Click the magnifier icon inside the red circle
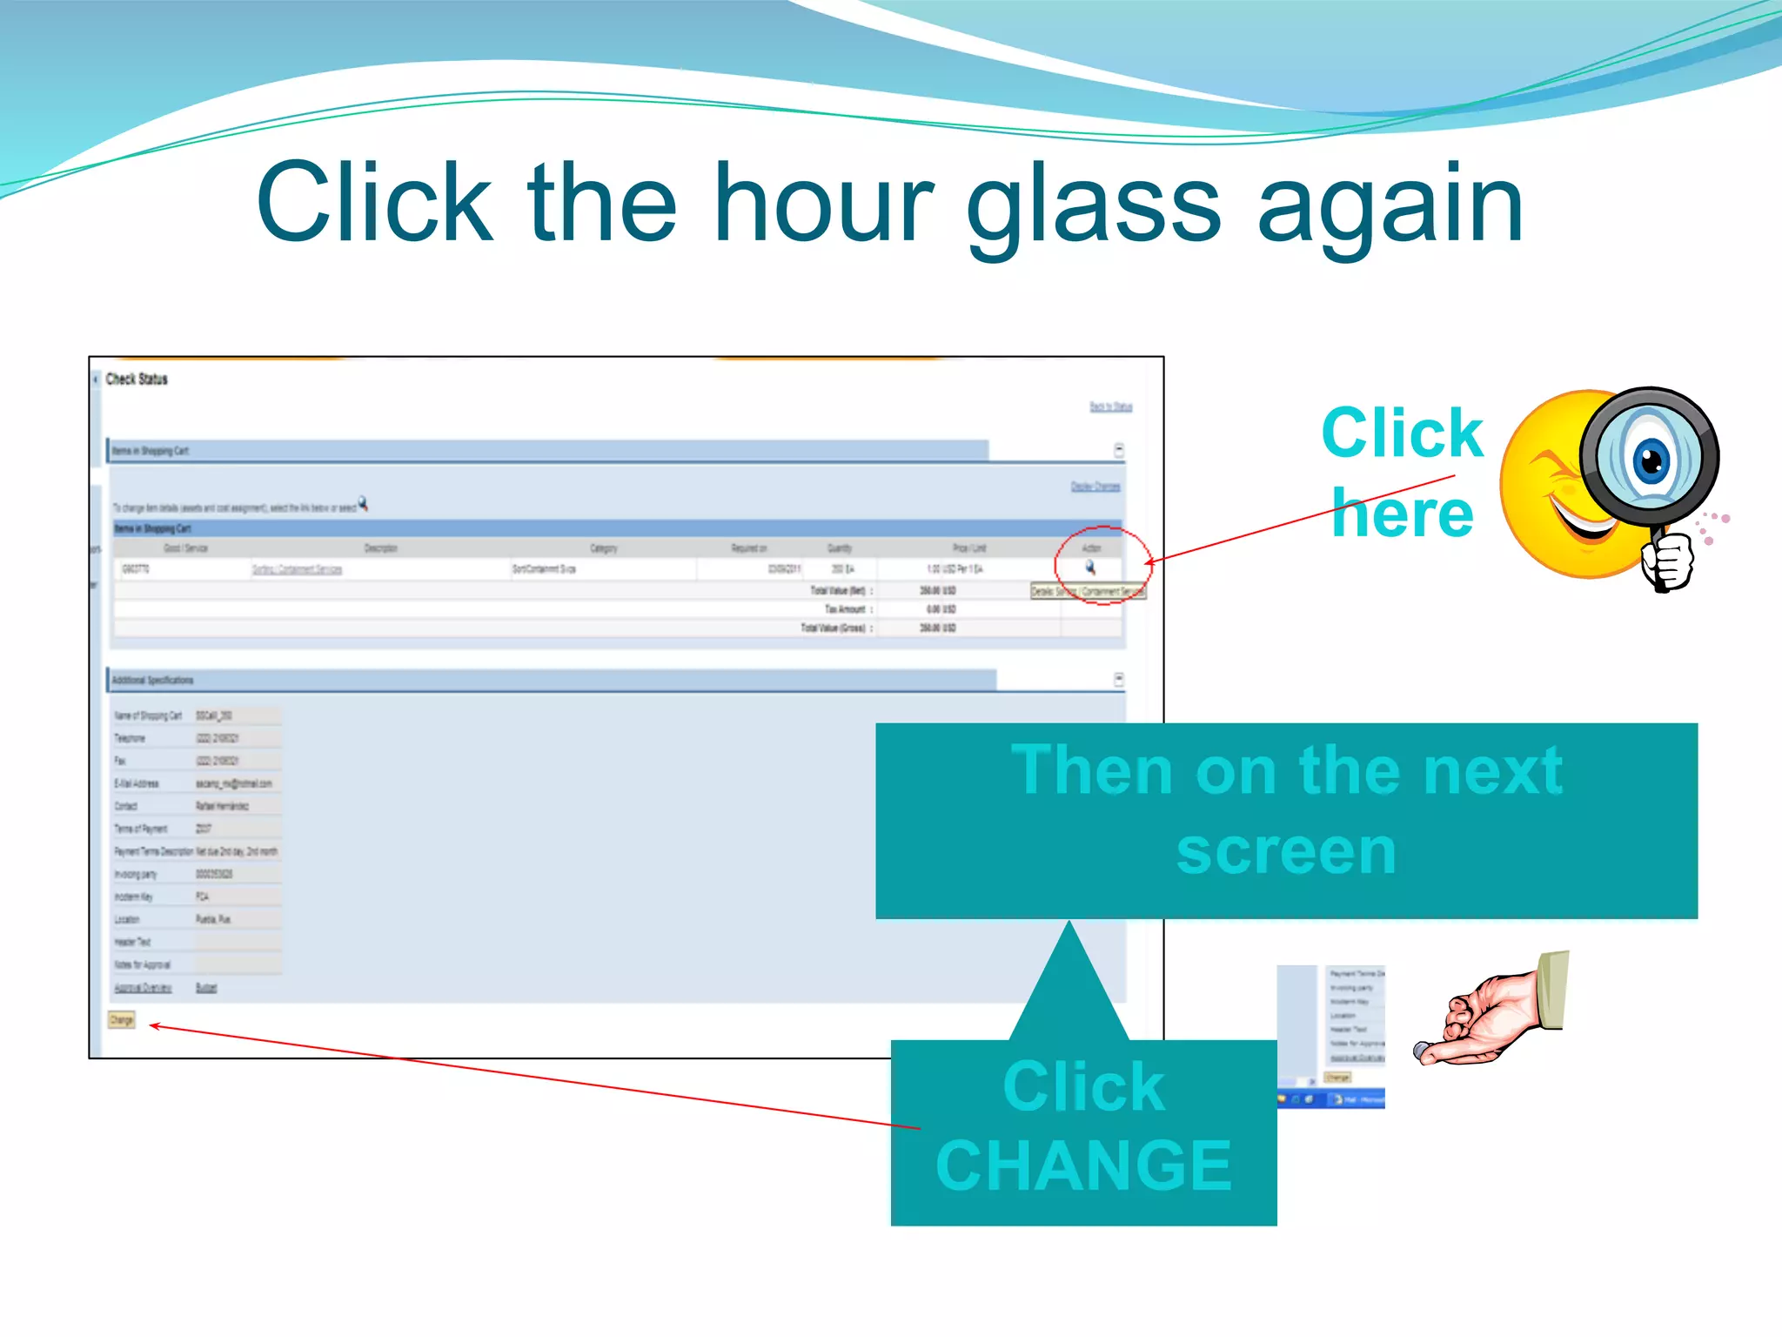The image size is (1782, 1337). [1090, 568]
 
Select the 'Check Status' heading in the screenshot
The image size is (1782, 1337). [137, 380]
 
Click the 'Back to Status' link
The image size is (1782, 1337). [1111, 406]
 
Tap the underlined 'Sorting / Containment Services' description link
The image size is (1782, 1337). [297, 569]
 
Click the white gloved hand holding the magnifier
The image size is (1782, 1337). [1668, 560]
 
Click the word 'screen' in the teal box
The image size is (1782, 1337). [1285, 851]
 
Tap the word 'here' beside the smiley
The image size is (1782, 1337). [1403, 514]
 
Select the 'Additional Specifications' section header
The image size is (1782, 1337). [153, 680]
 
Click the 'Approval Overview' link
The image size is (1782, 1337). [143, 988]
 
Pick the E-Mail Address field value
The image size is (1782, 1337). [233, 783]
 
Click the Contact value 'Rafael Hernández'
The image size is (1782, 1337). [222, 806]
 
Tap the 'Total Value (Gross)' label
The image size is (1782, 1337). [834, 628]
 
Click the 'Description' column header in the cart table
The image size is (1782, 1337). [380, 548]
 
